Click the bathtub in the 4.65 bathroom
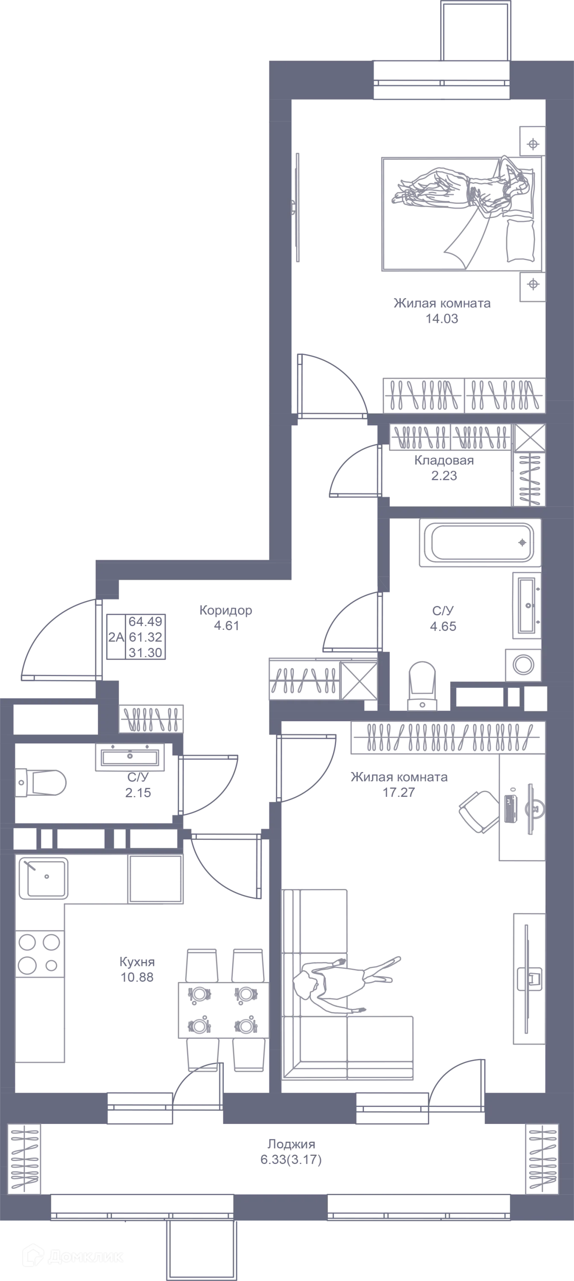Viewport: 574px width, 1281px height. (480, 543)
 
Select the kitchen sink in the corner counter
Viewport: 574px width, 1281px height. (43, 878)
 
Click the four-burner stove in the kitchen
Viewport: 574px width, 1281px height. (40, 954)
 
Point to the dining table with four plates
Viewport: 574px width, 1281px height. (223, 1010)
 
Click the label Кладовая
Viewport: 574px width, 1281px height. (444, 460)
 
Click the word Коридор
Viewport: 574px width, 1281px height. (226, 610)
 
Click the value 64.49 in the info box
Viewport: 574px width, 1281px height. (145, 621)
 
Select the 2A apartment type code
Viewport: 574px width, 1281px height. (116, 637)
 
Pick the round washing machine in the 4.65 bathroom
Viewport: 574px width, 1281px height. (523, 665)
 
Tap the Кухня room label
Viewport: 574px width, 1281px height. (137, 962)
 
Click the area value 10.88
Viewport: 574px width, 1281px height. (137, 977)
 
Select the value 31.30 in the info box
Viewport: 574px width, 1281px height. (145, 652)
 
